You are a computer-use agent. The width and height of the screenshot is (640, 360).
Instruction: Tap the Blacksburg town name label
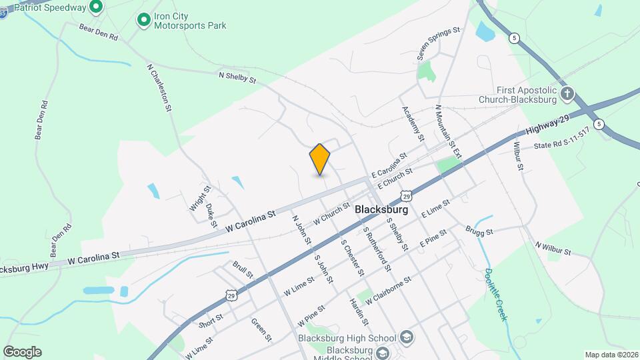click(x=381, y=209)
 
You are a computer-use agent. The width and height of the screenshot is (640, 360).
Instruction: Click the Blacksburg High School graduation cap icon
click(x=406, y=338)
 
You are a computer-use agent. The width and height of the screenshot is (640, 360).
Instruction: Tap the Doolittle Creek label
click(x=495, y=294)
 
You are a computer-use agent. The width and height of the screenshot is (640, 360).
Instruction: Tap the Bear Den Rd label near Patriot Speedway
click(x=98, y=33)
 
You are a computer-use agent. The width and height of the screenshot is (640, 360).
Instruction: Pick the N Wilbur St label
click(x=553, y=248)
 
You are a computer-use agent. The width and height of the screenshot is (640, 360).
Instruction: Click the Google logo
click(x=22, y=351)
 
